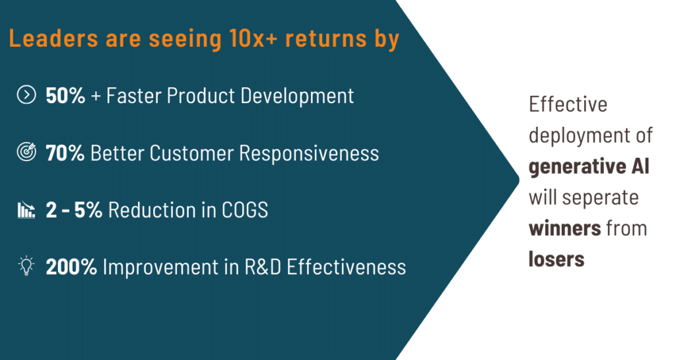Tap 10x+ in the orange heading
[253, 38]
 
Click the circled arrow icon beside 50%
[26, 95]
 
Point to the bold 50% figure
[65, 96]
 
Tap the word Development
[297, 96]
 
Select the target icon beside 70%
[26, 152]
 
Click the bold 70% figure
[65, 153]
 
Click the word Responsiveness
[309, 153]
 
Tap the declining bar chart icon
[26, 210]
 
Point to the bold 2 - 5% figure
[74, 211]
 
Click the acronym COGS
[245, 211]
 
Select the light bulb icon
[26, 266]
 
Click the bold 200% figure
[71, 267]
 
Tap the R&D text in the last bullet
[263, 267]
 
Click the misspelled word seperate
[600, 198]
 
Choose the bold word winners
[565, 228]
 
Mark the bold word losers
[557, 259]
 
